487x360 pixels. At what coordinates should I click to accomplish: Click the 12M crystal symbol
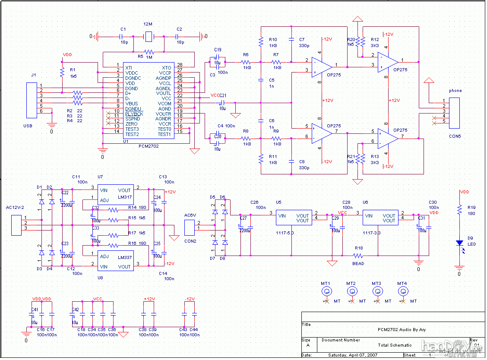(149, 38)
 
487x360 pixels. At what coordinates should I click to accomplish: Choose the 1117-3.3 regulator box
(379, 218)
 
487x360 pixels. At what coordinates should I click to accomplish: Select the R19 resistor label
(471, 207)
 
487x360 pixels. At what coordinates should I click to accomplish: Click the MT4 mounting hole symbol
(402, 291)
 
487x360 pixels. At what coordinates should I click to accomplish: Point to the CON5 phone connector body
(454, 113)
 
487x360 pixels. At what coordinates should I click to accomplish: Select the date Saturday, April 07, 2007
(353, 355)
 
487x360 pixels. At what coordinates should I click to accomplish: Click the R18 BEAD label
(358, 263)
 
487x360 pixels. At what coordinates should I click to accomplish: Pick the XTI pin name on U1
(129, 68)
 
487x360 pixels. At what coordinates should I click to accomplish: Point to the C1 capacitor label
(123, 29)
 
